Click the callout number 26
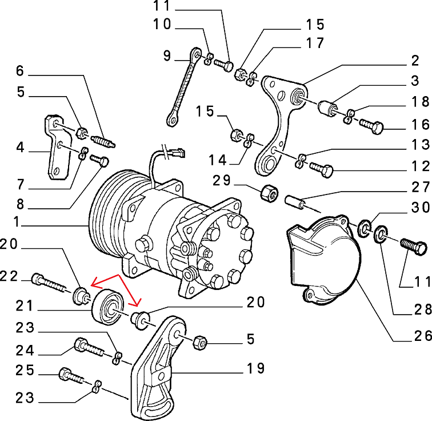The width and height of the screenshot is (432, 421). point(423,336)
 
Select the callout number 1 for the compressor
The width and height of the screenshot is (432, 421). point(17,222)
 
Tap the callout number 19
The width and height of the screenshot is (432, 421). point(255,368)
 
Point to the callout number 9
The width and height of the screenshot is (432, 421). point(167,56)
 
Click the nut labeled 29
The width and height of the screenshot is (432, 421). point(269,193)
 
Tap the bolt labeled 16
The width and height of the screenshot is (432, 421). point(371,126)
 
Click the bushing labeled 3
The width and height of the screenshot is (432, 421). point(327,109)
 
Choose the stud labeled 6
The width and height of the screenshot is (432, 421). point(103,141)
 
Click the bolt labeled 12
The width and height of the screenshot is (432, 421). point(321,169)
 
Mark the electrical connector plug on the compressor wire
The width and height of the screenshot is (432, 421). point(177,153)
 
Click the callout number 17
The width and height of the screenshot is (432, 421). point(315,43)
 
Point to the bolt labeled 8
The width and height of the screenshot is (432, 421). point(99,161)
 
